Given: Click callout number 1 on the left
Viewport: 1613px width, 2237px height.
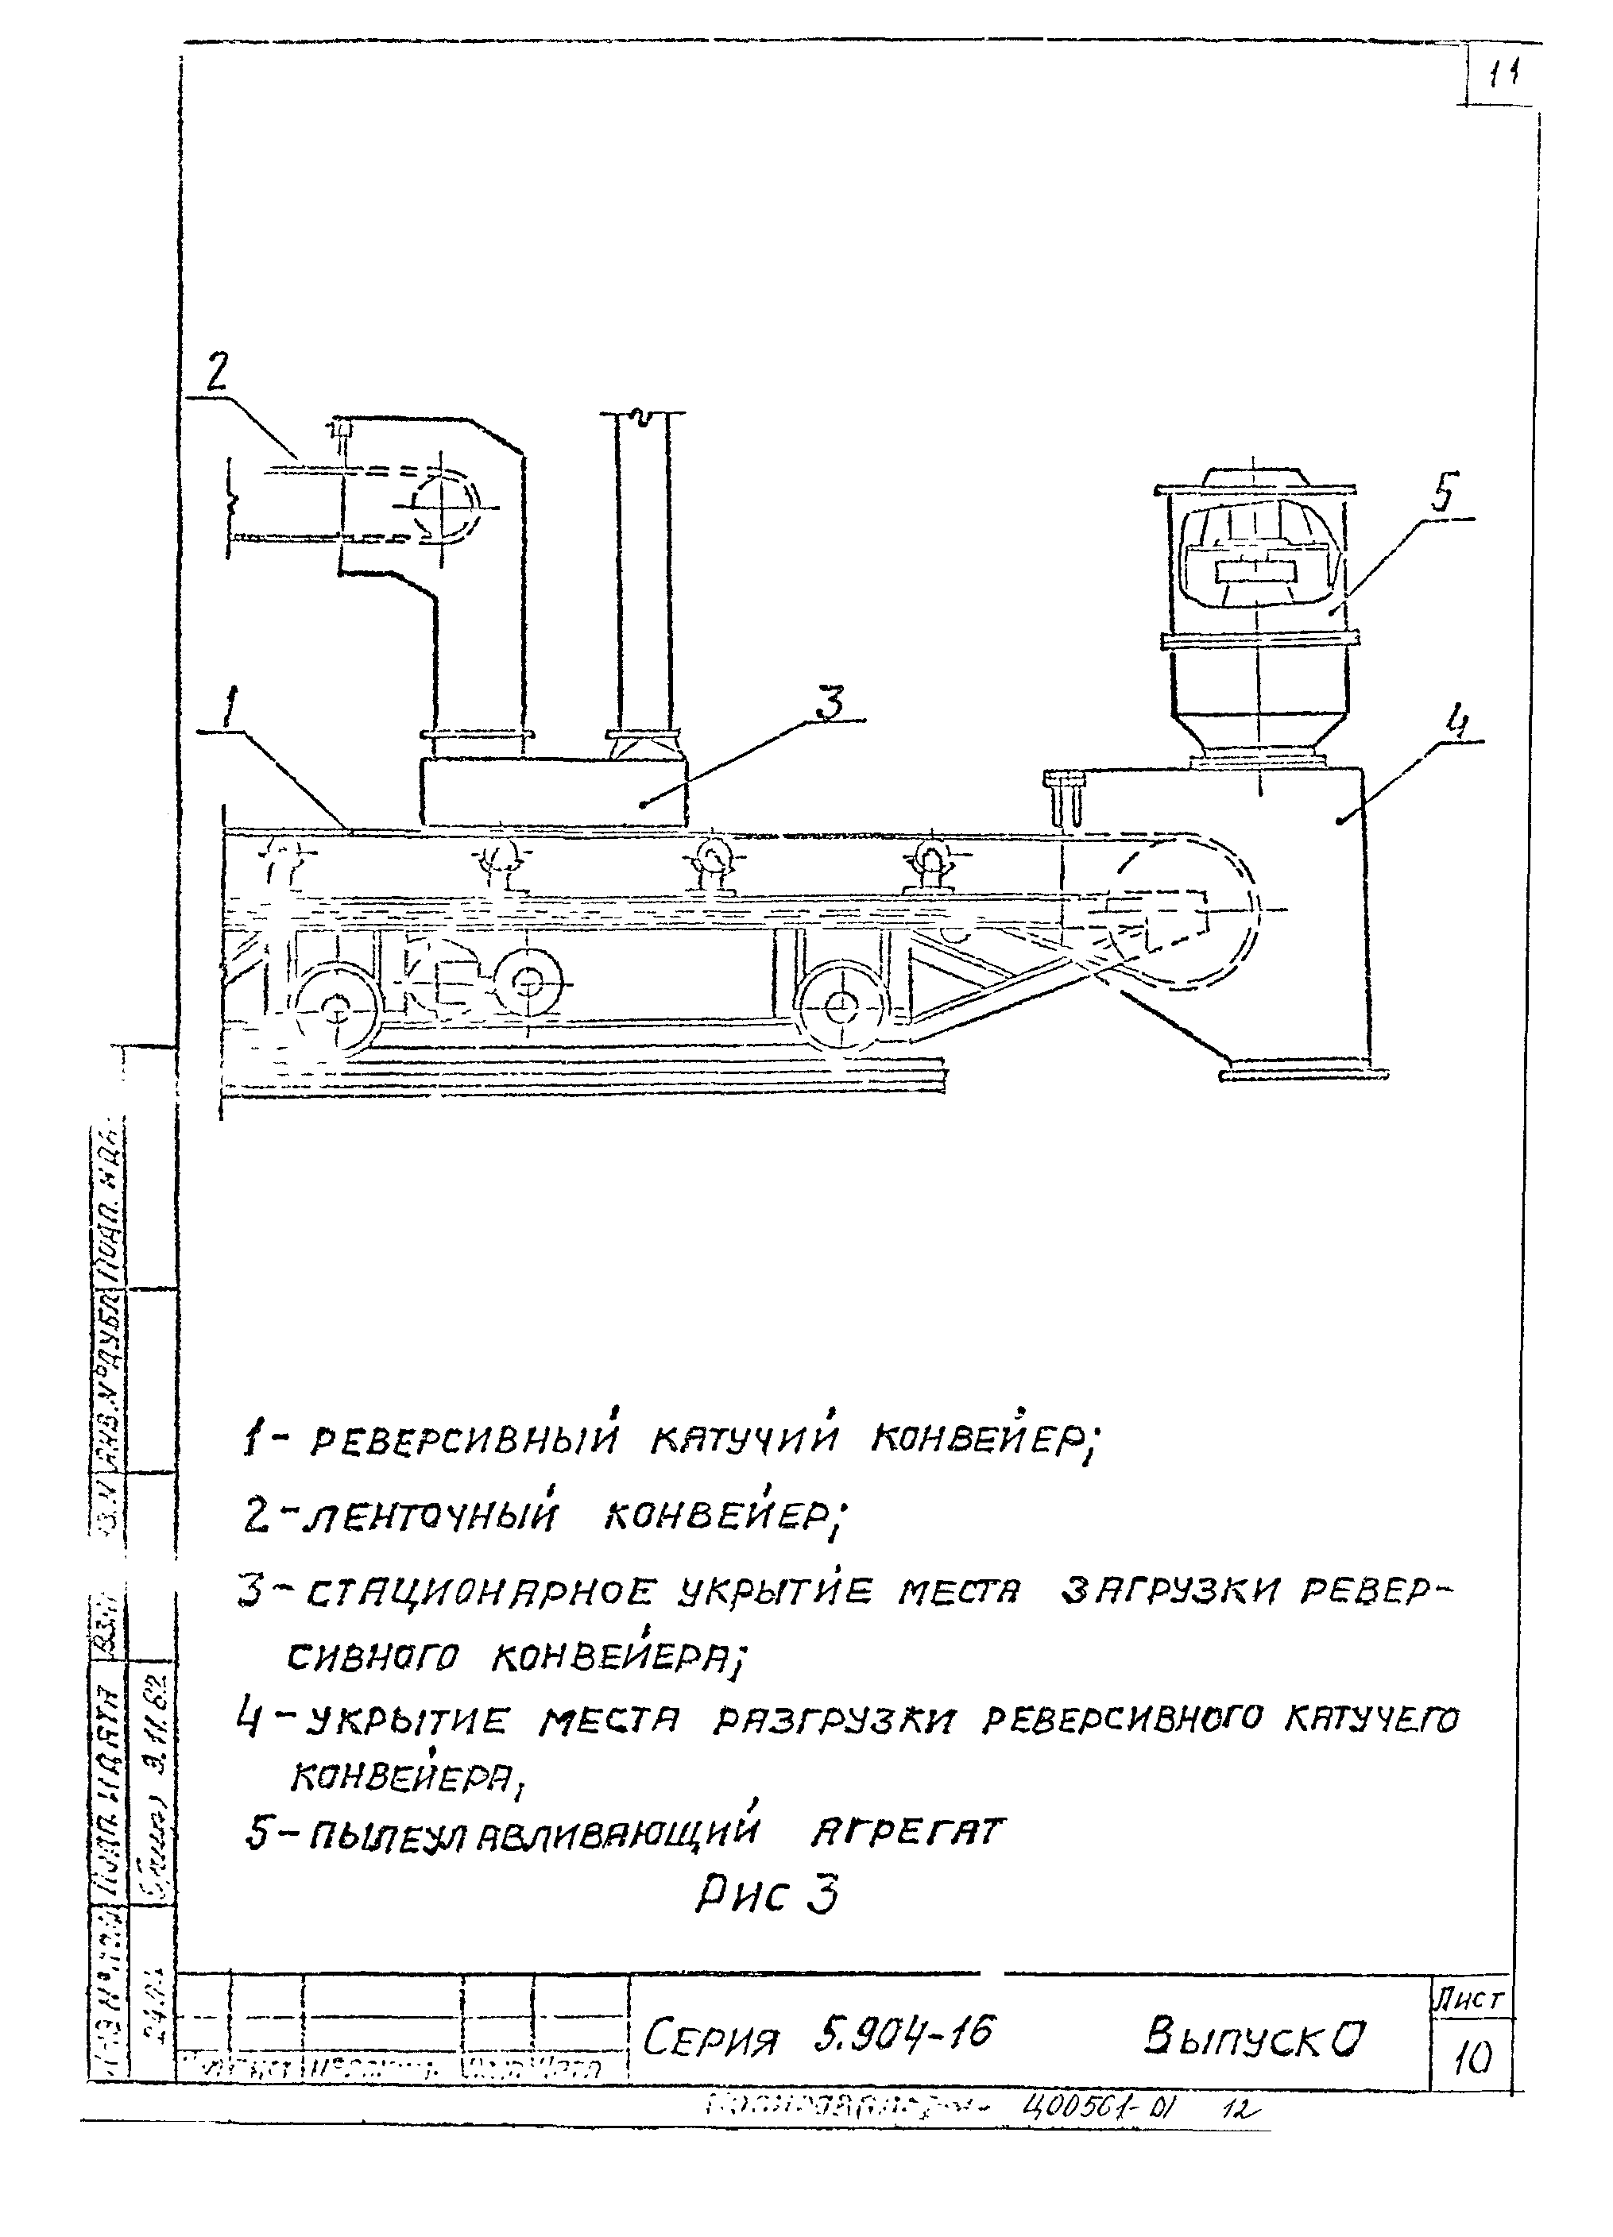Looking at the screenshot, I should [x=230, y=708].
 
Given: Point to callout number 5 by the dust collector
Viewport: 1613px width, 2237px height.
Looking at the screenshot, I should [x=1442, y=493].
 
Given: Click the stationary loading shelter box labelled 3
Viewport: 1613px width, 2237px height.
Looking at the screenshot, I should [x=552, y=792].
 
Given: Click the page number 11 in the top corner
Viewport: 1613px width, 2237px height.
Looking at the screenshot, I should [x=1503, y=77].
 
